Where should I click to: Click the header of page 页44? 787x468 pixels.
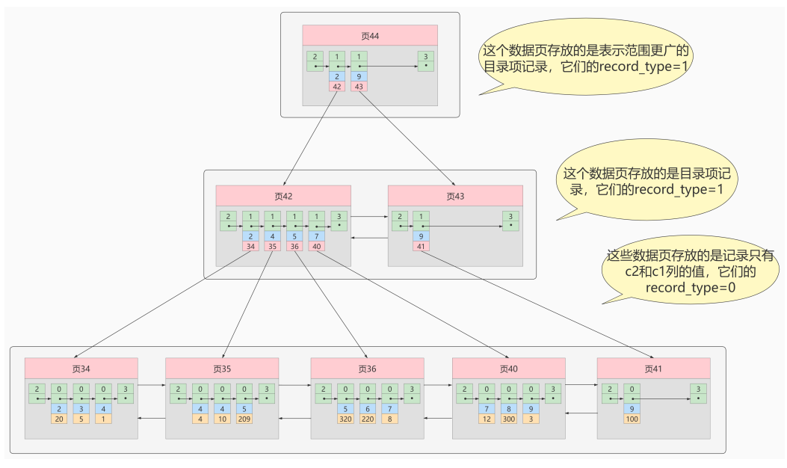click(369, 36)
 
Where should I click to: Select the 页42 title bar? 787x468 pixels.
click(283, 196)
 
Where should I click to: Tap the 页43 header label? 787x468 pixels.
click(455, 196)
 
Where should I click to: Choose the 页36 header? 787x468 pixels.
click(367, 369)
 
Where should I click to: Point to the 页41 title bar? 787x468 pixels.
click(653, 369)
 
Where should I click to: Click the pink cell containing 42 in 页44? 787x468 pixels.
click(337, 87)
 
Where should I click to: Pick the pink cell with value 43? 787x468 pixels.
click(359, 87)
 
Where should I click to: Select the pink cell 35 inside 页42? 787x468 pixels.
click(273, 246)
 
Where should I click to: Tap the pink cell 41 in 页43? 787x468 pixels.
click(422, 246)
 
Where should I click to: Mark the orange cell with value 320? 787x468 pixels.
click(345, 419)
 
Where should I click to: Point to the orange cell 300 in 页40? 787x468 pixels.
click(509, 419)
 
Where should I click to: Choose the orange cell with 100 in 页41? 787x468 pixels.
click(632, 419)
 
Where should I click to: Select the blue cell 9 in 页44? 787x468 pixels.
click(359, 77)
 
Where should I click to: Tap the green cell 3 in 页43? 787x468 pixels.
click(510, 220)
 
